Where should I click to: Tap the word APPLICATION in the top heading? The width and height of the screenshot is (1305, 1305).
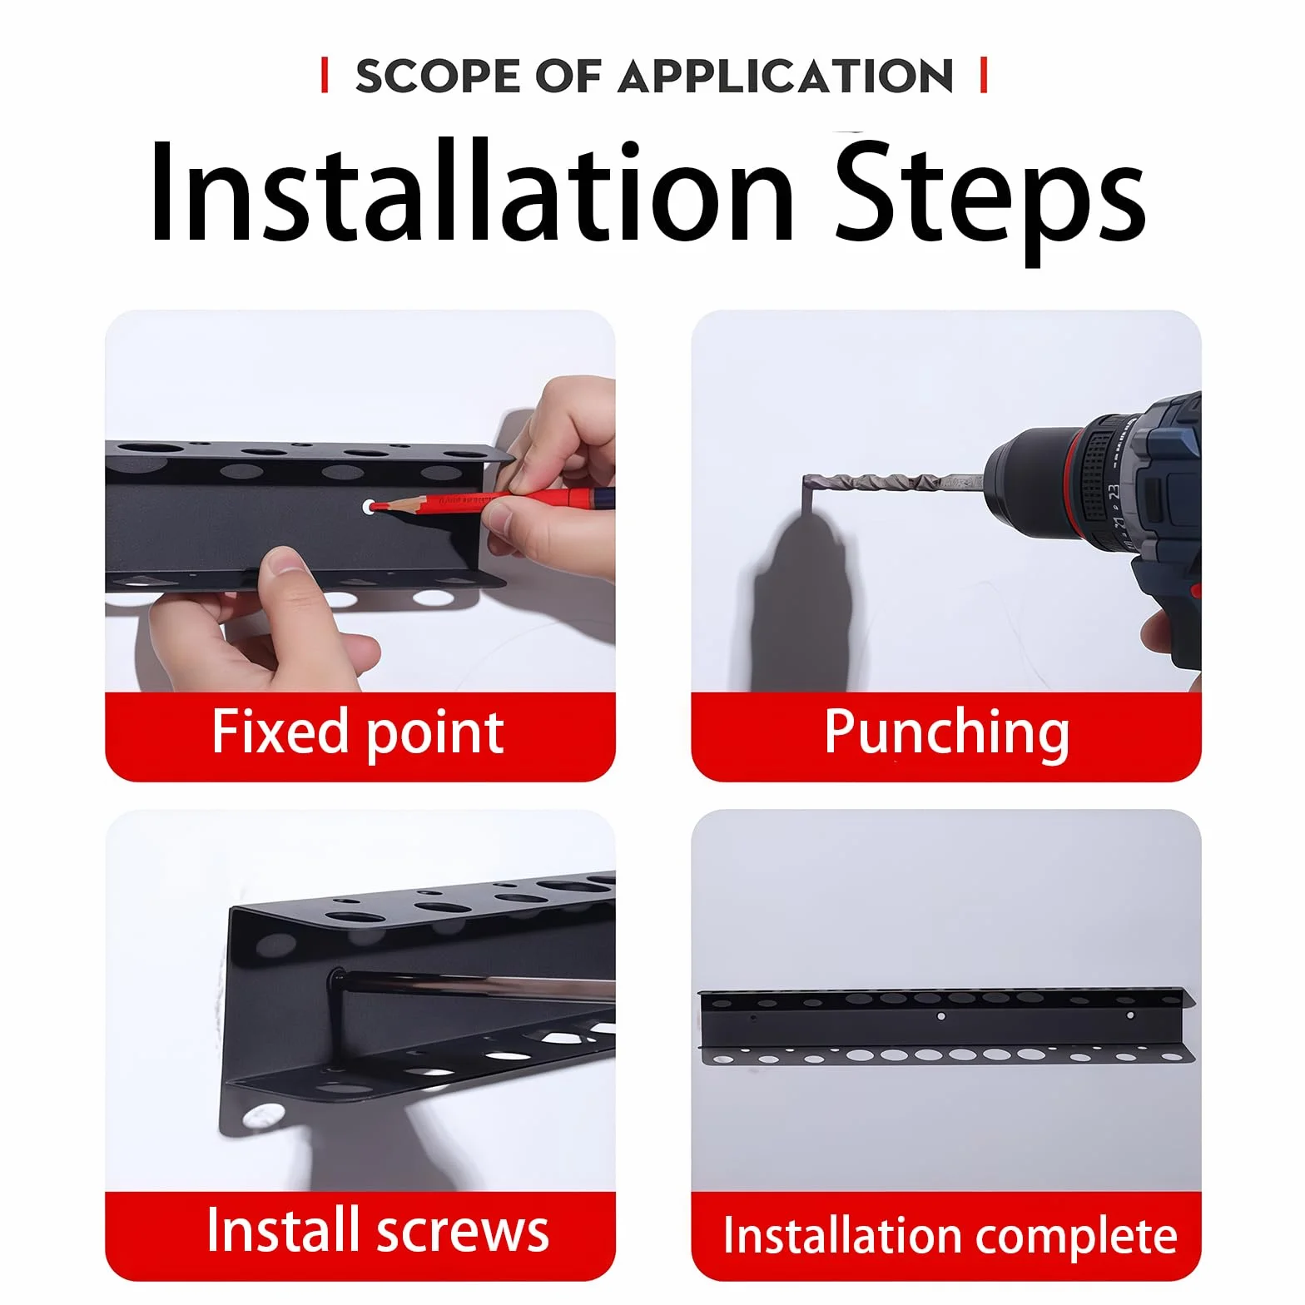coord(786,76)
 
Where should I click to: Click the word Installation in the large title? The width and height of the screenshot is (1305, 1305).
coord(472,193)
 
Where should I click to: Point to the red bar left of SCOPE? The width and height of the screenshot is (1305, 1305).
coord(325,75)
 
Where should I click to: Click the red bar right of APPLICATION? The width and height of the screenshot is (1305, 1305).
coord(984,75)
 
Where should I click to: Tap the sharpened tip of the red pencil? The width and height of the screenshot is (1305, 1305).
coord(374,505)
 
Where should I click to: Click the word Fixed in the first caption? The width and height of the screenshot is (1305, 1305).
coord(280,731)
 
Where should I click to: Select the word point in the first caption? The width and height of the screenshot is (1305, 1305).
coord(434,734)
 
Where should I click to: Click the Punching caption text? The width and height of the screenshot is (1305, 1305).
coord(946,733)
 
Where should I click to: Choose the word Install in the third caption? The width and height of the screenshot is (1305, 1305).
coord(282,1229)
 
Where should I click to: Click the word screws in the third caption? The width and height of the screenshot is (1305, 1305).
coord(463,1233)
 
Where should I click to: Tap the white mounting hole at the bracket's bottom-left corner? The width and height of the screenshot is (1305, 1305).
coord(263,1115)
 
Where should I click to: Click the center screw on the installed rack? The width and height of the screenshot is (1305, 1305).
coord(941,1015)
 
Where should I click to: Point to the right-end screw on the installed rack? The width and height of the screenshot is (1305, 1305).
coord(1129,1015)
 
